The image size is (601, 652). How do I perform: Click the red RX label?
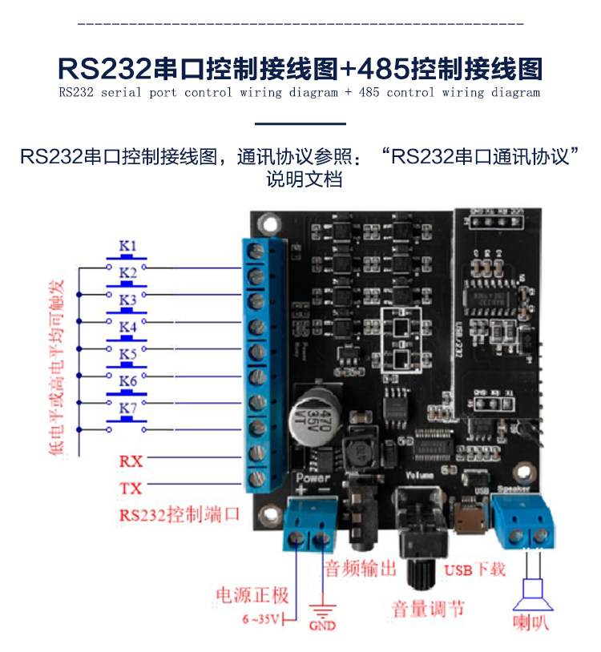tap(131, 461)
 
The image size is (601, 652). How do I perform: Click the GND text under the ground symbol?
tap(322, 626)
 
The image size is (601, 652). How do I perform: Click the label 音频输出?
tap(361, 569)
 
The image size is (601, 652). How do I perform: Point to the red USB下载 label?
tap(474, 570)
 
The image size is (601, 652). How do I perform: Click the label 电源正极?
tap(252, 595)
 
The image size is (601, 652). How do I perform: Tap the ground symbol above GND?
tap(322, 609)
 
